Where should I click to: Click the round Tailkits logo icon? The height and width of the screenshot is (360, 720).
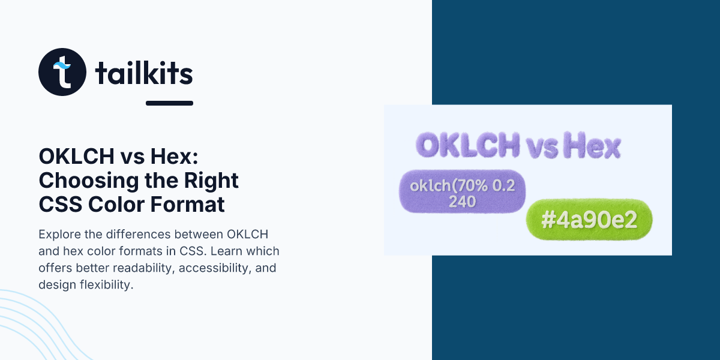pyautogui.click(x=62, y=72)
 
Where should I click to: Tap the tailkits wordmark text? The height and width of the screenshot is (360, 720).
pyautogui.click(x=144, y=74)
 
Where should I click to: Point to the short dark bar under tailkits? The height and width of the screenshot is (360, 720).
pyautogui.click(x=169, y=103)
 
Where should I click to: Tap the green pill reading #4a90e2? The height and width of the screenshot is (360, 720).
pyautogui.click(x=589, y=221)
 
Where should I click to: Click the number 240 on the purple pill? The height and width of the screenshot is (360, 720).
pyautogui.click(x=462, y=202)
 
